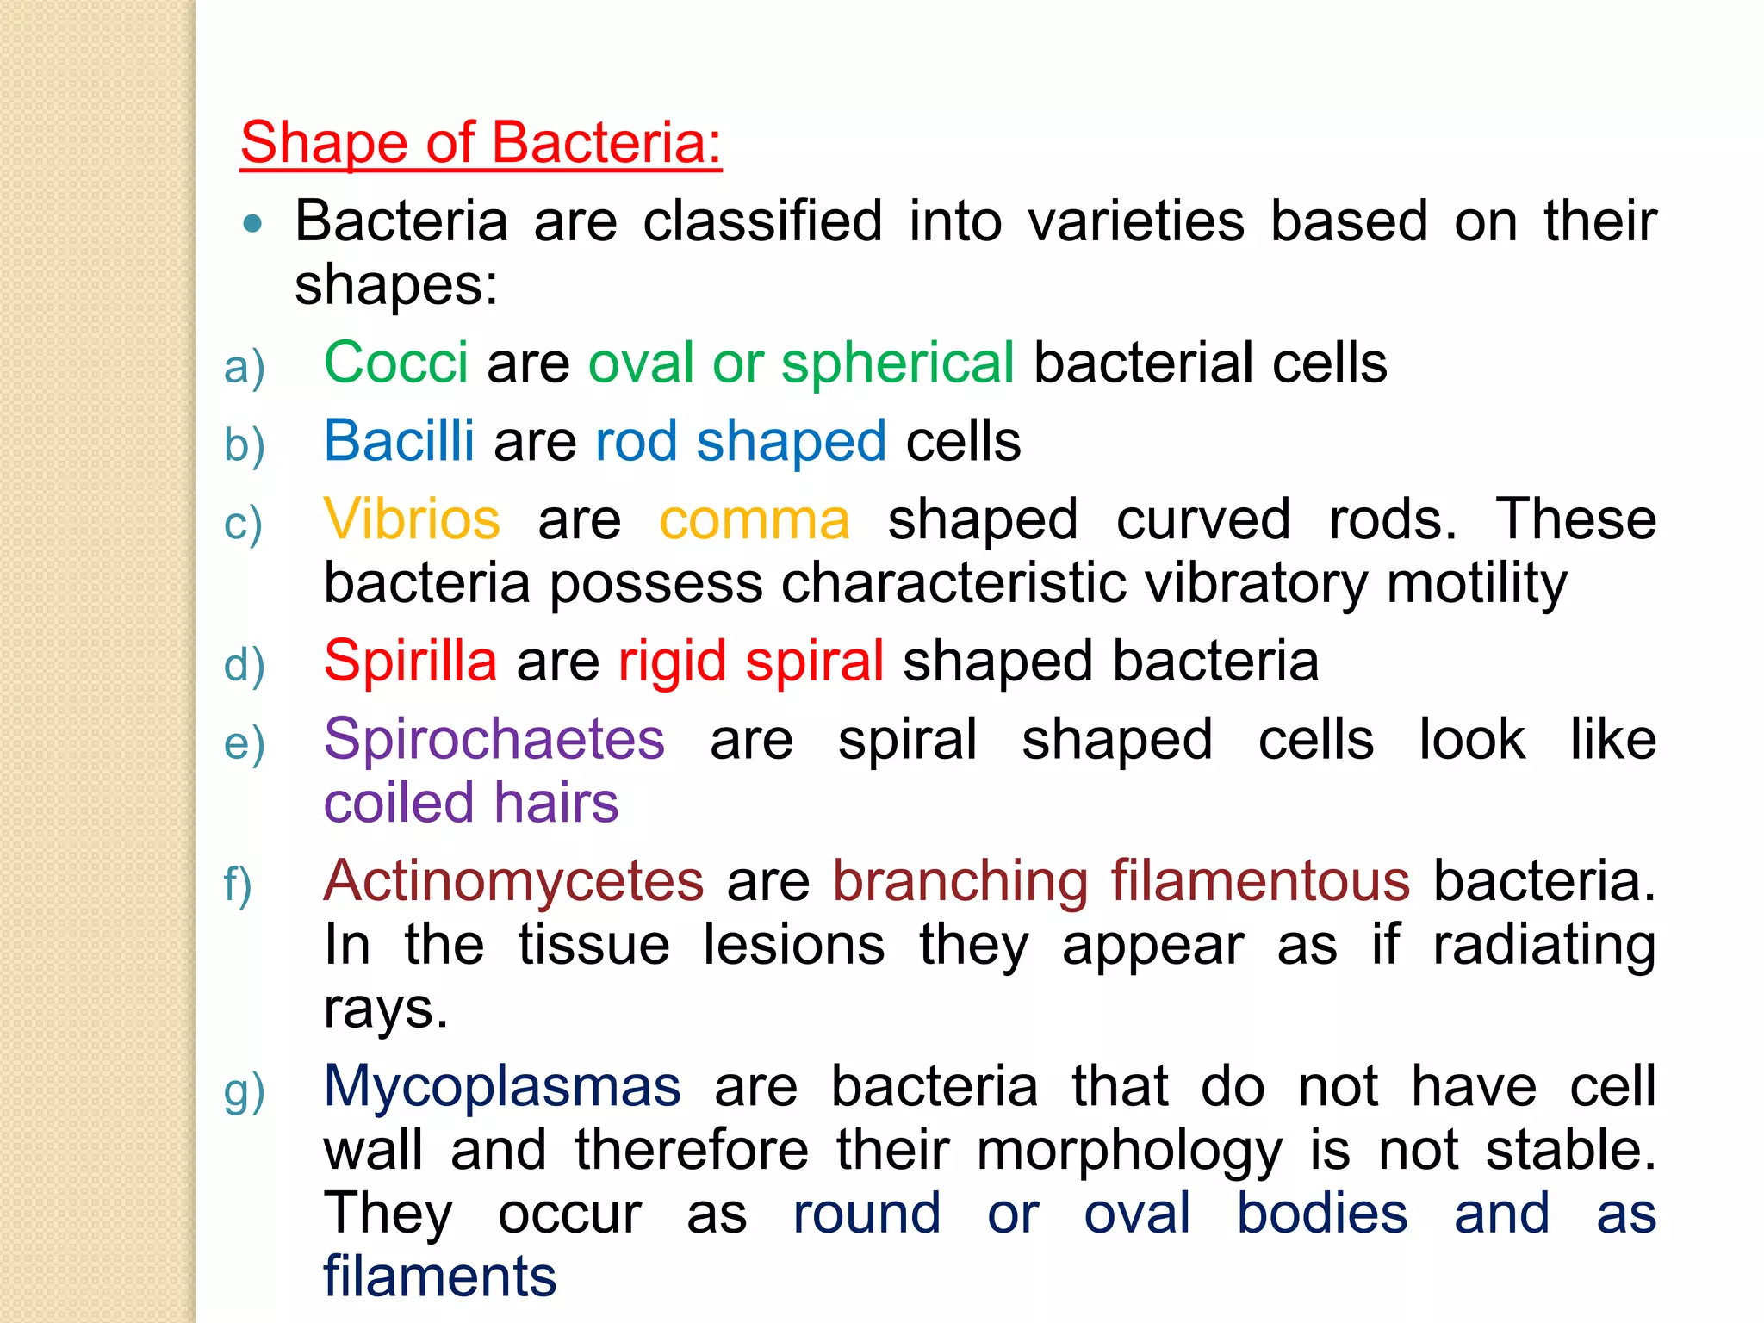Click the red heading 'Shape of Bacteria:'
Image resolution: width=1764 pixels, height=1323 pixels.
coord(481,142)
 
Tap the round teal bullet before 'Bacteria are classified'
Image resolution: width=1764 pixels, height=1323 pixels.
coord(252,224)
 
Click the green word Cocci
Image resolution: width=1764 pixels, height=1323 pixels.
coord(396,363)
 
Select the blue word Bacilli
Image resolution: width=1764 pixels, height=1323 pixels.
coord(399,441)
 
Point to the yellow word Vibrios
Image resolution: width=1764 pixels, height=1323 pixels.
coord(412,519)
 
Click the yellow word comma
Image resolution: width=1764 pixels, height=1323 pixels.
coord(755,519)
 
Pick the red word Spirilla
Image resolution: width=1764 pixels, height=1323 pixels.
coord(410,661)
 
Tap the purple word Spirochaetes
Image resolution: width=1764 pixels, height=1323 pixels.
coord(494,739)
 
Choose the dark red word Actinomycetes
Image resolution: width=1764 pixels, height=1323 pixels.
coord(514,881)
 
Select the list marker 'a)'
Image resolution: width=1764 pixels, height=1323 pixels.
coord(244,367)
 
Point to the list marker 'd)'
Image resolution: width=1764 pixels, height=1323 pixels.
coord(244,665)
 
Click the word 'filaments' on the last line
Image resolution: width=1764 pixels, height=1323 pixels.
coord(440,1276)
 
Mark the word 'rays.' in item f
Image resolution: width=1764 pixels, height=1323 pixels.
coord(386,1009)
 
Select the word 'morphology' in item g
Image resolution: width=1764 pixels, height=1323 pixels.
coord(1129,1150)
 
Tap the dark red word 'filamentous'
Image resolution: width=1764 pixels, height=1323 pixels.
coord(1260,881)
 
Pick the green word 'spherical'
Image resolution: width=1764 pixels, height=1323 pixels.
coord(898,363)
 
